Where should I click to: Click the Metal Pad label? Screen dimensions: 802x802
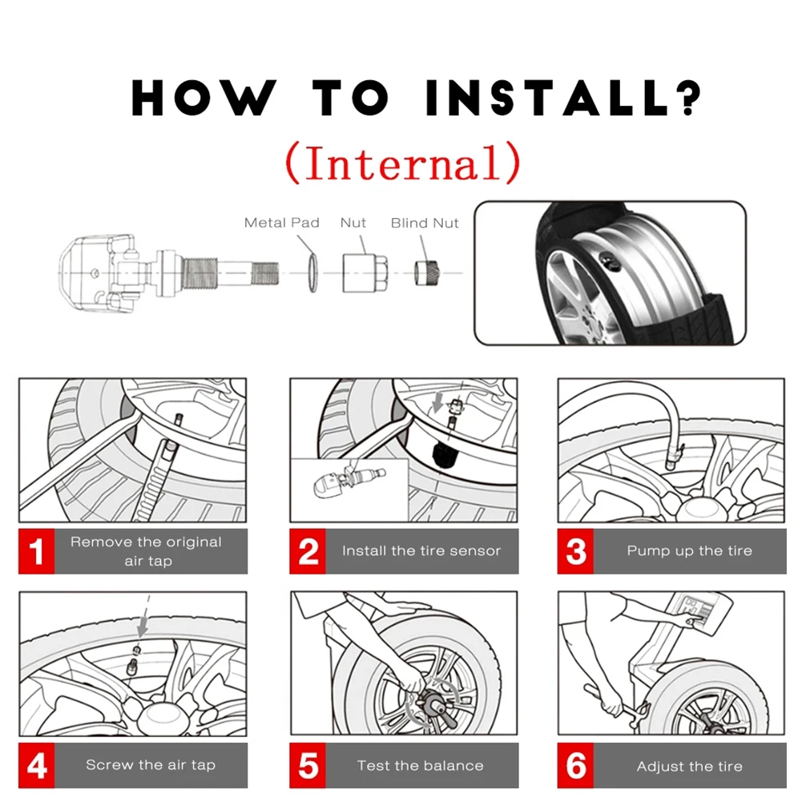281,223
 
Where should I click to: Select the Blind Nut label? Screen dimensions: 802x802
425,223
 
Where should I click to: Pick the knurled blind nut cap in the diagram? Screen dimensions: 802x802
425,272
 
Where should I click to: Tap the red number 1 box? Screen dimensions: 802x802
36,551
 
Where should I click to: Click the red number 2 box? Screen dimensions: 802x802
308,551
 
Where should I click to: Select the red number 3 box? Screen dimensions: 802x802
575,551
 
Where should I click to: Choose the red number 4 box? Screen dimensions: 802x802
36,765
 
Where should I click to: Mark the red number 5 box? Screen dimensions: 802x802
308,765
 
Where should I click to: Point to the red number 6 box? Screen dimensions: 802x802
575,765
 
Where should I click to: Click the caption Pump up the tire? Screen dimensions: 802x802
689,551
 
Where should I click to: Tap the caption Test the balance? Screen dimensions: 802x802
420,765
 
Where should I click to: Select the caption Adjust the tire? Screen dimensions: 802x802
689,766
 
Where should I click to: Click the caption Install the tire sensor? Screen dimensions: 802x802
421,551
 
